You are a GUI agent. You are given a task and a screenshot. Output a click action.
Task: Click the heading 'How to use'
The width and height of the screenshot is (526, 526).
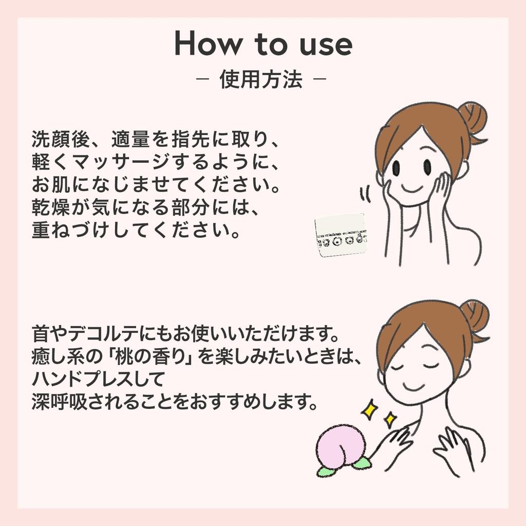[263, 44]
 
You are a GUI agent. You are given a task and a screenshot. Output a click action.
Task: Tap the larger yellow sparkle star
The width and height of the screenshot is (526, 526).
[369, 409]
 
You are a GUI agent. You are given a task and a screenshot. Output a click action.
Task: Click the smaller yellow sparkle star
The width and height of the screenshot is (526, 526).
[390, 420]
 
